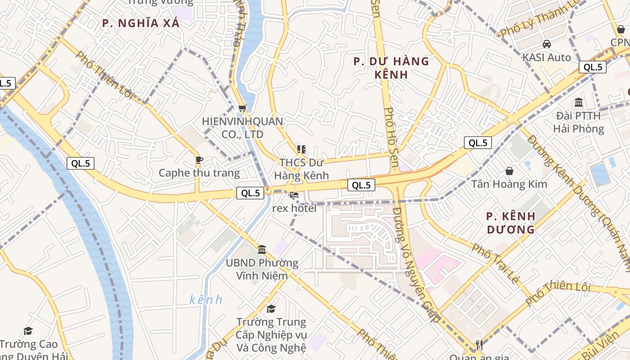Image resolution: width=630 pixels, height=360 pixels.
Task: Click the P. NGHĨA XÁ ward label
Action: (x=141, y=23)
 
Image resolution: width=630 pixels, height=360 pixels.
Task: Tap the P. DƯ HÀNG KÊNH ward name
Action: (x=391, y=67)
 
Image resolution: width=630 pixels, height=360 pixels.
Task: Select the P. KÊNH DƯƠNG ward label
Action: (x=511, y=223)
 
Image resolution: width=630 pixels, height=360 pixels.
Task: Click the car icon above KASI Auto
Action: (x=547, y=44)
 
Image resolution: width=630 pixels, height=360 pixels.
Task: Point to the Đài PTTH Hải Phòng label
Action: (x=578, y=122)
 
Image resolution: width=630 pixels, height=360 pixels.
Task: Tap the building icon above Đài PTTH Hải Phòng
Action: (x=579, y=102)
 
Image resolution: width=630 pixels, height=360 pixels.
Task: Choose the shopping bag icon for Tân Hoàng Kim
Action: (x=509, y=171)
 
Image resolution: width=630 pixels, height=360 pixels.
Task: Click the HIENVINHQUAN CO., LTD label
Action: (x=243, y=128)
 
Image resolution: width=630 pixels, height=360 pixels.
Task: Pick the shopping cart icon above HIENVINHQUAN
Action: (x=243, y=108)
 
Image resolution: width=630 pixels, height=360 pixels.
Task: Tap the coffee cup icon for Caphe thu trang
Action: (x=199, y=160)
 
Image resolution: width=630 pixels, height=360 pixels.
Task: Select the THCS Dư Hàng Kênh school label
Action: (x=301, y=169)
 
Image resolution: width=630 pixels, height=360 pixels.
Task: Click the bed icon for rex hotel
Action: (x=294, y=195)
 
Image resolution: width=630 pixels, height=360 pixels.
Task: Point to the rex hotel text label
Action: (x=294, y=208)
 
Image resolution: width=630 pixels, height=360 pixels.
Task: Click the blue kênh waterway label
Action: (x=206, y=300)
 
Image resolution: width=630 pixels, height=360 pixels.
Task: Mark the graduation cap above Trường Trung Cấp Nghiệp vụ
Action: (x=271, y=309)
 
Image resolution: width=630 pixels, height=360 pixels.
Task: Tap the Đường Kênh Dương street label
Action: (x=578, y=189)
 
